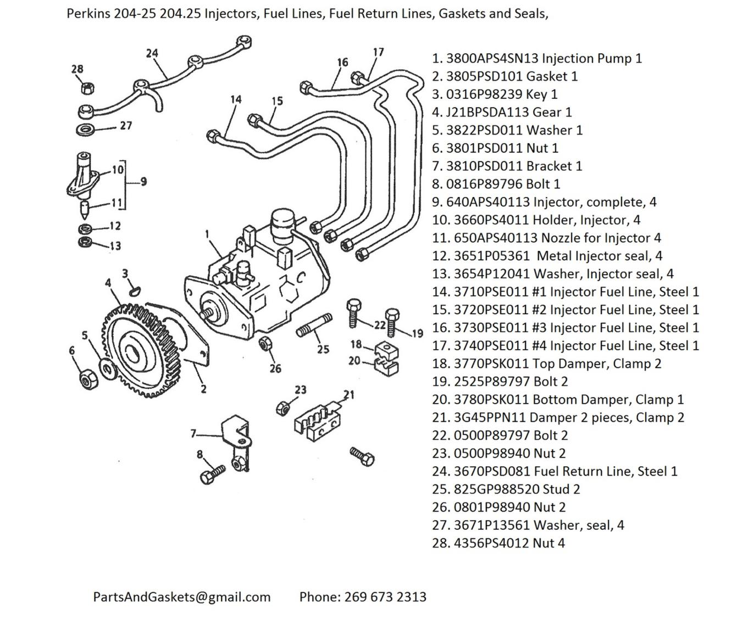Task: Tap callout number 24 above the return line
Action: (152, 53)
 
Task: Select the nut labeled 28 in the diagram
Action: (86, 88)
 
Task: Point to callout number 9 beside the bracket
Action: (143, 182)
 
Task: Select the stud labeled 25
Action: (314, 326)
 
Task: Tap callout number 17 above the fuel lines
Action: (378, 52)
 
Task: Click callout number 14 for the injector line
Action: (236, 99)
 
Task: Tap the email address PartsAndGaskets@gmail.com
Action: (182, 597)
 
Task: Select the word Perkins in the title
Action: (88, 13)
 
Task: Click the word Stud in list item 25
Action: (554, 489)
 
